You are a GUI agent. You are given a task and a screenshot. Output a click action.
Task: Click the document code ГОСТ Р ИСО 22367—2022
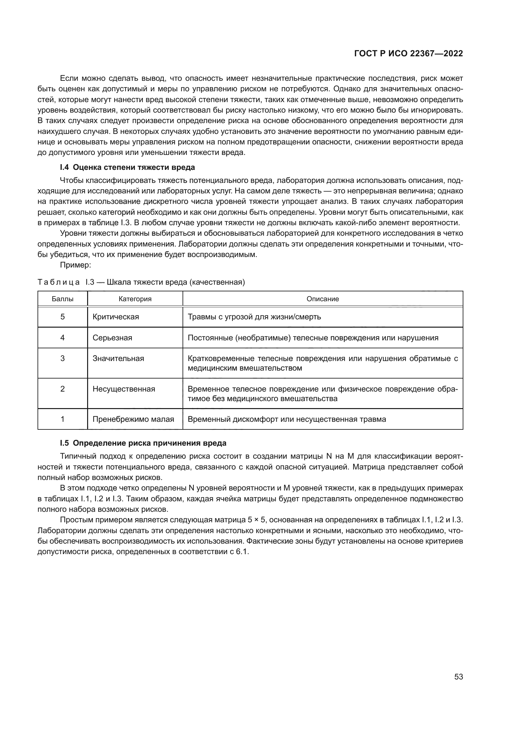click(408, 54)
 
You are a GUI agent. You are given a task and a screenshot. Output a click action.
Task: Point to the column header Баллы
click(63, 299)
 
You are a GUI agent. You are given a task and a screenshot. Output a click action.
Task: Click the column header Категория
click(135, 299)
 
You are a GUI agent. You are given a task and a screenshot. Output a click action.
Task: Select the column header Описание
click(322, 299)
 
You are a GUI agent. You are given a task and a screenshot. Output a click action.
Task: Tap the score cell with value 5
click(63, 316)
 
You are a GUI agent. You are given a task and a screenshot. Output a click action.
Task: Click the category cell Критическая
click(116, 316)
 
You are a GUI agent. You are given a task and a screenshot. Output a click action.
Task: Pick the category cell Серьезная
click(112, 338)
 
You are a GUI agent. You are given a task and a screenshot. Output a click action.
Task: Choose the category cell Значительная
click(118, 358)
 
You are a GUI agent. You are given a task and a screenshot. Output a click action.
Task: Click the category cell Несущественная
click(124, 389)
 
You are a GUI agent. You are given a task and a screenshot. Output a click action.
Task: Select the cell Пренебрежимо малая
click(133, 419)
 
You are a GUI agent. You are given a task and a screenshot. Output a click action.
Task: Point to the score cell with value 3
click(63, 358)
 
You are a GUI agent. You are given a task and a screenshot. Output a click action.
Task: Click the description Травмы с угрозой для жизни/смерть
click(254, 316)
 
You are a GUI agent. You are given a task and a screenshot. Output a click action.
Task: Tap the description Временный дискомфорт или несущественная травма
click(287, 419)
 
